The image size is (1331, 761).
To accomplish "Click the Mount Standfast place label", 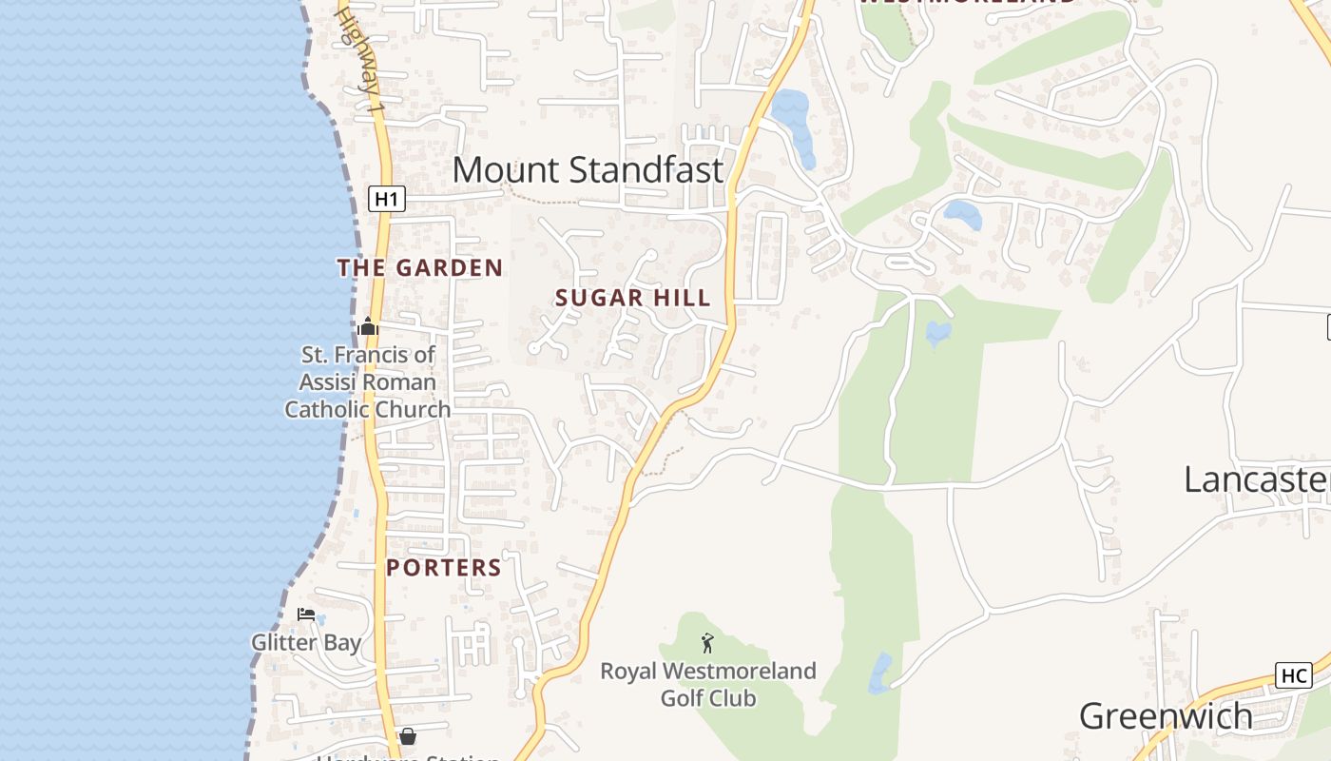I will (x=588, y=170).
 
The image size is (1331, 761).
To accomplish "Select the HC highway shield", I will (x=1294, y=675).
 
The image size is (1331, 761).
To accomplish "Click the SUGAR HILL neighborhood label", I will (x=632, y=298).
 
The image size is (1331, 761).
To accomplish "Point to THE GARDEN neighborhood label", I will (x=419, y=268).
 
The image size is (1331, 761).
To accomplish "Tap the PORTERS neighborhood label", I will (x=443, y=568).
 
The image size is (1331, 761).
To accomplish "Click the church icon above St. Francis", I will (x=368, y=327).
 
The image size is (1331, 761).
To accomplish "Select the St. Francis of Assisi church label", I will (x=368, y=382).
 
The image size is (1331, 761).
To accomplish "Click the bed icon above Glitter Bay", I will (x=306, y=615).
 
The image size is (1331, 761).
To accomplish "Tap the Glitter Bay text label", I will (x=306, y=643).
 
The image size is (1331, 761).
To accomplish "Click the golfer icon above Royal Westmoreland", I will (x=707, y=644).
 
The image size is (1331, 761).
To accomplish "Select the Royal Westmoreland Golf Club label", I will (x=708, y=685).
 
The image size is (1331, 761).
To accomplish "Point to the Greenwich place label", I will (x=1166, y=716).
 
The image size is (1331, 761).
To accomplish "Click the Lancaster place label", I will (x=1255, y=480).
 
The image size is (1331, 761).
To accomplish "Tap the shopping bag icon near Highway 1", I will (x=408, y=736).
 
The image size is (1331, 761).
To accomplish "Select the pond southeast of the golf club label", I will (x=879, y=673).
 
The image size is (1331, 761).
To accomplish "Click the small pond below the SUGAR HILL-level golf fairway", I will (x=938, y=333).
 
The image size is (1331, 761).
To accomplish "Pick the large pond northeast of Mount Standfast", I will (x=794, y=124).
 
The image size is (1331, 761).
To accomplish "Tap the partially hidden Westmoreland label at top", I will (x=967, y=3).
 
